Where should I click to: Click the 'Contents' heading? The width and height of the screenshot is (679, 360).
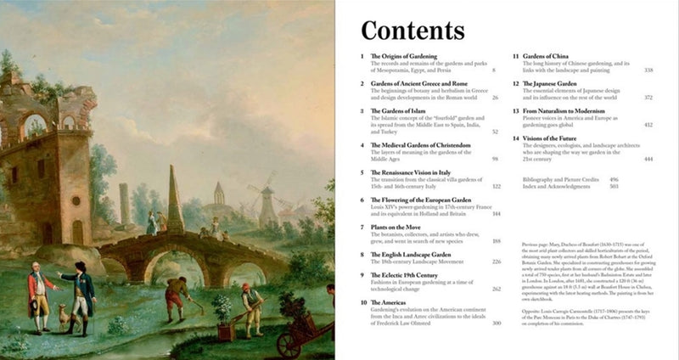pyautogui.click(x=412, y=30)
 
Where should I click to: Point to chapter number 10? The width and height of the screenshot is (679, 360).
pyautogui.click(x=363, y=301)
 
